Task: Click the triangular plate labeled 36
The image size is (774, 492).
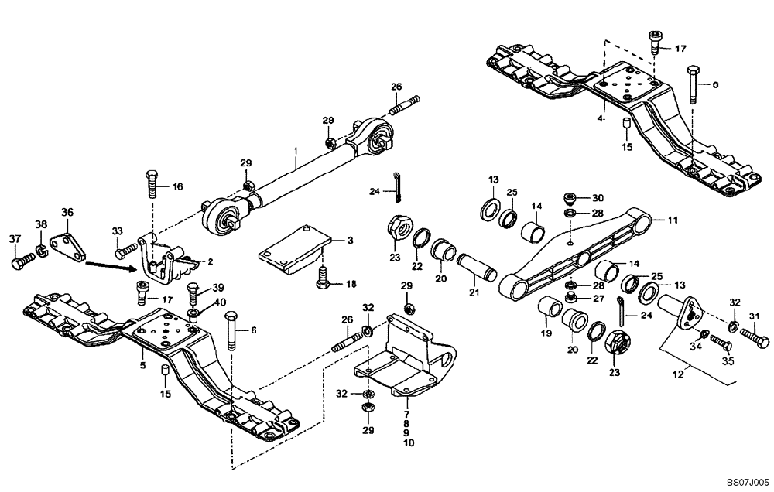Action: (x=67, y=243)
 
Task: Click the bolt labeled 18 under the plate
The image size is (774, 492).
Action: (x=322, y=277)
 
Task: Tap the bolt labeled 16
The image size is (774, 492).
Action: (x=149, y=186)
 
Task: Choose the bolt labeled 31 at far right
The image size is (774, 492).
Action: (x=753, y=338)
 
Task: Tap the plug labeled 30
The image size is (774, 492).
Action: (x=570, y=197)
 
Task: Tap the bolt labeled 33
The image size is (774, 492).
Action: (x=124, y=251)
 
